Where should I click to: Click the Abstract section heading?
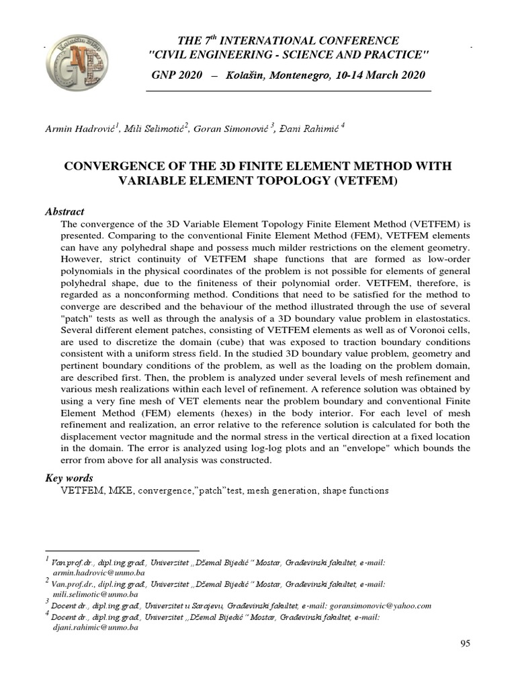[x=64, y=211]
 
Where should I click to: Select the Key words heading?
[x=69, y=478]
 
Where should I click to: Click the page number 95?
[x=465, y=644]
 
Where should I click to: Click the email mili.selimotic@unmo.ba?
[x=95, y=594]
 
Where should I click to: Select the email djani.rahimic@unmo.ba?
[x=95, y=627]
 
